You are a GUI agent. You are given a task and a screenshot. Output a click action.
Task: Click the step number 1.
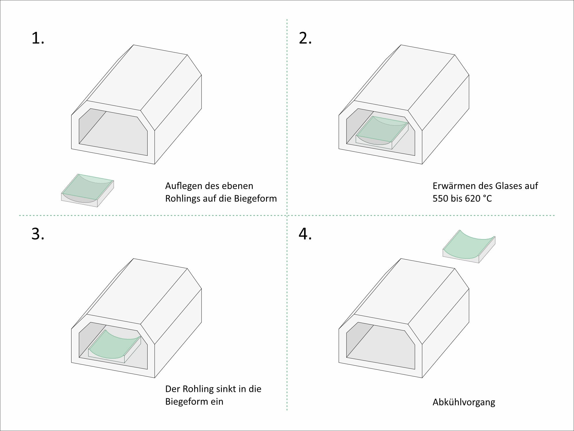[x=38, y=39]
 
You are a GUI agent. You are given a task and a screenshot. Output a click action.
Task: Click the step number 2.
[x=305, y=39]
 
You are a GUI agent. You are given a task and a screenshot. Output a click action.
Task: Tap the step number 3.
[x=38, y=234]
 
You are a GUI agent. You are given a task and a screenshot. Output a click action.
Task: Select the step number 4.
[x=305, y=234]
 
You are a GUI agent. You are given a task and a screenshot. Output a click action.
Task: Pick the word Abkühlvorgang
[x=464, y=402]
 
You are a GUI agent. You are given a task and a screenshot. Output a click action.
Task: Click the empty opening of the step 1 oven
[x=113, y=132]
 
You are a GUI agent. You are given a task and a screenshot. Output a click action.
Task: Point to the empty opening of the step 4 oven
[x=381, y=346]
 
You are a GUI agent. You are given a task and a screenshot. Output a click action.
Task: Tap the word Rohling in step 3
[x=201, y=389]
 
